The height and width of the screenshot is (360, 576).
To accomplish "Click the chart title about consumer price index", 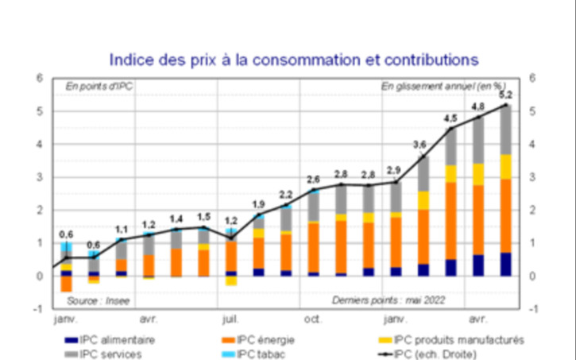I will pos(293,59).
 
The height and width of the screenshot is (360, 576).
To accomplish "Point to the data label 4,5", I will pos(450,119).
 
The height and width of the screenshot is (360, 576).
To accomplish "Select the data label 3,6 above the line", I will pos(422,144).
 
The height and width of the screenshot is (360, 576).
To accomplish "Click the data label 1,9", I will pos(258,204).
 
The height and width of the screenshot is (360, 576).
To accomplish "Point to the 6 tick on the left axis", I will pos(40,78).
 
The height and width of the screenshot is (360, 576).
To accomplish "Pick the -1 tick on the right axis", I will pos(533,309).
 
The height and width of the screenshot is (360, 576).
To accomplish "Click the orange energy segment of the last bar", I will pos(505,215).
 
